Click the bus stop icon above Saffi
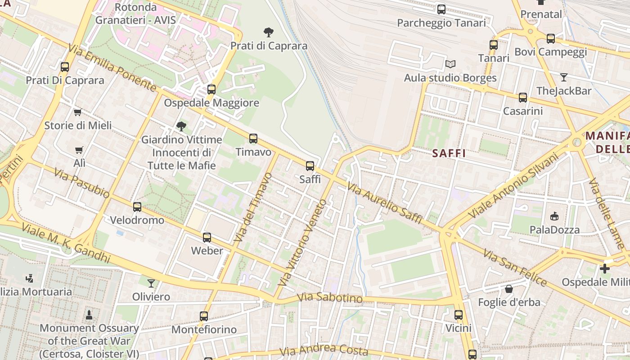pyautogui.click(x=310, y=166)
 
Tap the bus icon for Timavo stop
pyautogui.click(x=253, y=139)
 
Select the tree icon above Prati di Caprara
pyautogui.click(x=269, y=32)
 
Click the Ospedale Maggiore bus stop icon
pyautogui.click(x=211, y=89)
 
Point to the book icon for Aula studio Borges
pyautogui.click(x=450, y=64)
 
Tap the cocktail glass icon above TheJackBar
pyautogui.click(x=563, y=77)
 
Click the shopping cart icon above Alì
pyautogui.click(x=79, y=150)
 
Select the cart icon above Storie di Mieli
pyautogui.click(x=77, y=112)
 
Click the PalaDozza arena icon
pyautogui.click(x=554, y=216)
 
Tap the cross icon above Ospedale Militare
pyautogui.click(x=605, y=269)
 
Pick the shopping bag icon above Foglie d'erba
pyautogui.click(x=508, y=289)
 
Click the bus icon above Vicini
pyautogui.click(x=458, y=315)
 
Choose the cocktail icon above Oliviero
pyautogui.click(x=151, y=283)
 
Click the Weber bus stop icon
pyautogui.click(x=207, y=237)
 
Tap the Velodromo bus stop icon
pyautogui.click(x=137, y=207)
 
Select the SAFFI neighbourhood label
pyautogui.click(x=449, y=153)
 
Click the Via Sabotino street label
pyautogui.click(x=330, y=298)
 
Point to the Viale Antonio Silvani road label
pyautogui.click(x=513, y=185)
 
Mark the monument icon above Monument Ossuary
pyautogui.click(x=89, y=315)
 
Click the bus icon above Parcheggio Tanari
pyautogui.click(x=441, y=9)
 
